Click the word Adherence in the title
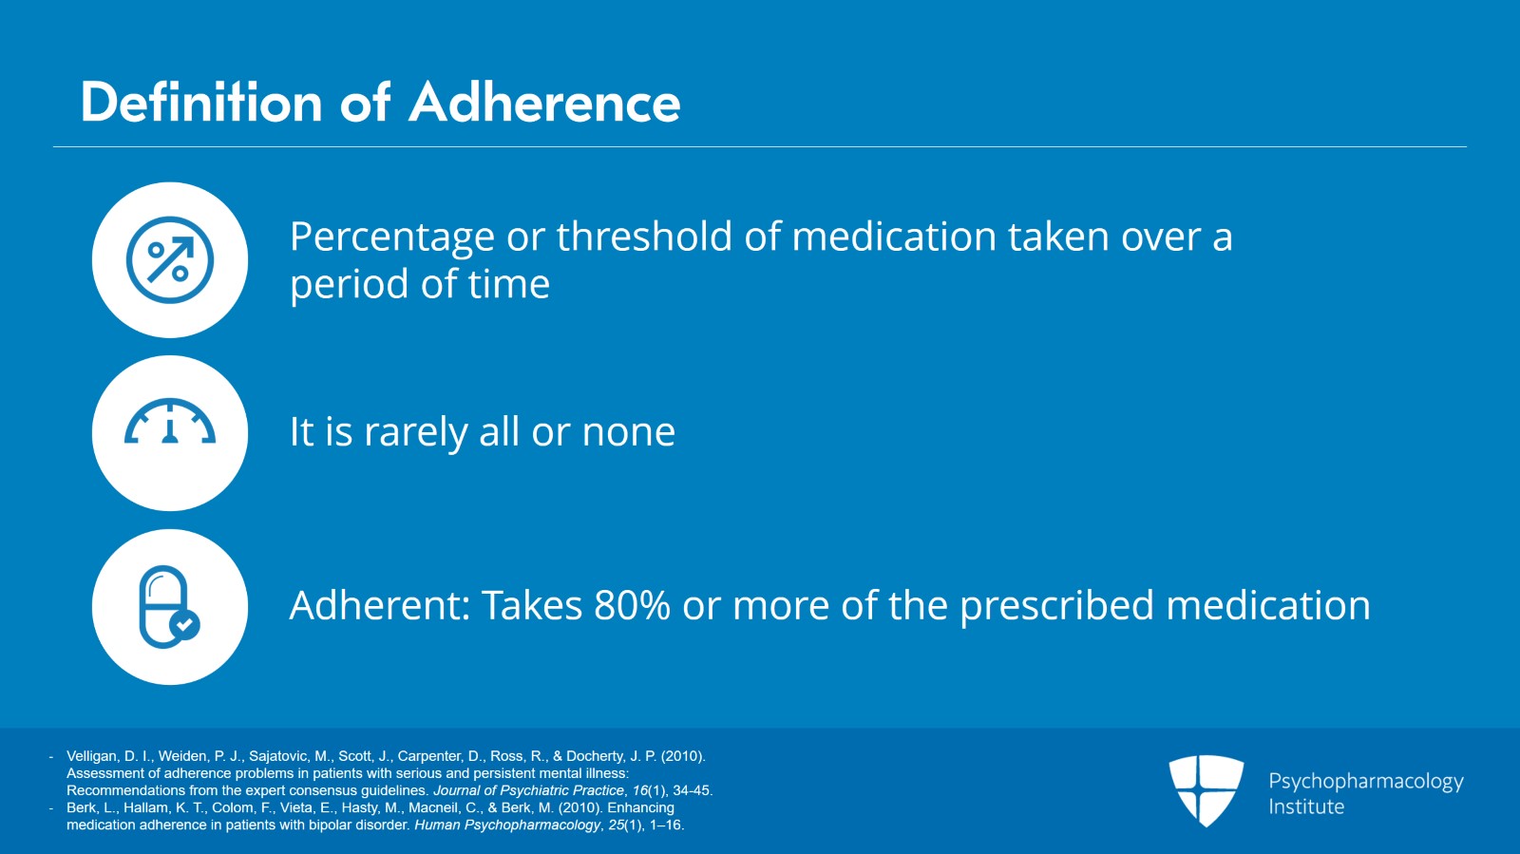544,103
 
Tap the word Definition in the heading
201,103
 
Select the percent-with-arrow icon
170,259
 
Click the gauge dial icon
170,421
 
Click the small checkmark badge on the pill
184,625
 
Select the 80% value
633,604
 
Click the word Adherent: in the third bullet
380,604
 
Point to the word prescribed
1056,606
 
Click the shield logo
1206,790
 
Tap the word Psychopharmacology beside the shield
1366,782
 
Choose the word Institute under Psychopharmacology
1306,807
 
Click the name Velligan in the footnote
91,756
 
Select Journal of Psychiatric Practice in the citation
528,790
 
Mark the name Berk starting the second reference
80,807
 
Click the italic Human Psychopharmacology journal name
507,826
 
